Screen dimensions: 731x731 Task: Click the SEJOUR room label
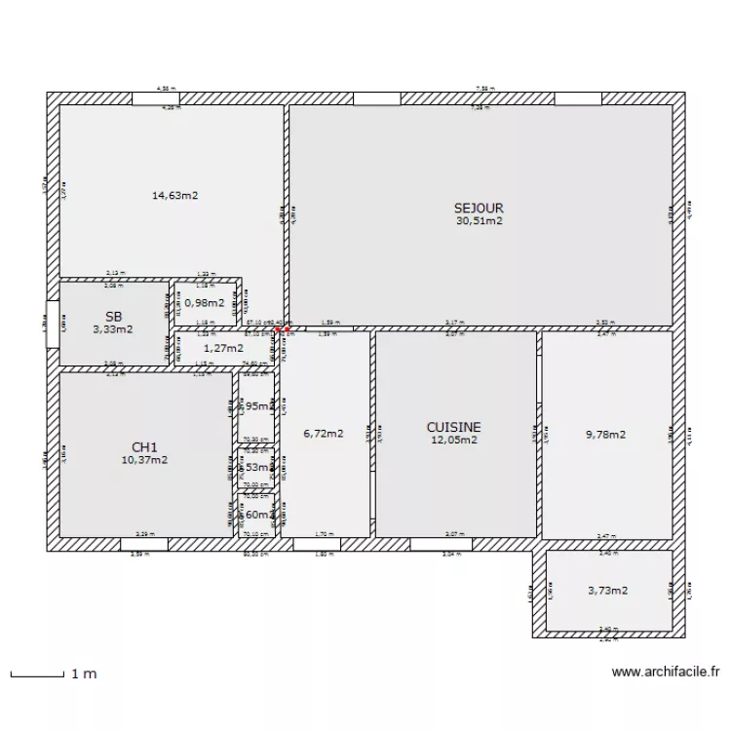click(x=479, y=208)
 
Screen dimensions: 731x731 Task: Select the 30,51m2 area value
click(x=479, y=220)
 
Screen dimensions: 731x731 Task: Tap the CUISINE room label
click(x=454, y=427)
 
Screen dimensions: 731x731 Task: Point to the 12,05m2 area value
click(x=454, y=440)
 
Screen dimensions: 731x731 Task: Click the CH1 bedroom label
click(x=144, y=446)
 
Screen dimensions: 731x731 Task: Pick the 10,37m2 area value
click(x=144, y=459)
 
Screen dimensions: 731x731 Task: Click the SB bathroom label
click(x=113, y=317)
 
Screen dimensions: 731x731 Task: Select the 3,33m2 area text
click(x=113, y=329)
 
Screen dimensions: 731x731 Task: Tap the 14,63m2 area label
click(x=174, y=195)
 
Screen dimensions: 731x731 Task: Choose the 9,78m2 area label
click(x=605, y=435)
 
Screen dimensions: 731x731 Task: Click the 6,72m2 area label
click(x=324, y=434)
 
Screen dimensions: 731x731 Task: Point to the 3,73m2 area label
click(x=607, y=590)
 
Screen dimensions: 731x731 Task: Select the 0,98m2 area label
click(x=205, y=302)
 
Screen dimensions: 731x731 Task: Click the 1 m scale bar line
click(x=35, y=673)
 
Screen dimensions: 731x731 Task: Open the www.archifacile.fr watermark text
click(x=666, y=672)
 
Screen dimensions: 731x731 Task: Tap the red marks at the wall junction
click(x=281, y=330)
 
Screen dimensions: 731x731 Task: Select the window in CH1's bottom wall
click(x=143, y=544)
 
